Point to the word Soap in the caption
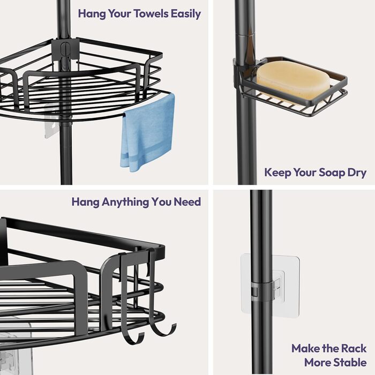(332, 173)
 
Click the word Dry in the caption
(357, 173)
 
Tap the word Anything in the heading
(125, 202)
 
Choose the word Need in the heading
(187, 202)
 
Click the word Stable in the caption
(350, 362)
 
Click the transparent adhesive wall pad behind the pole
(270, 283)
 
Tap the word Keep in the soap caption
(277, 173)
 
